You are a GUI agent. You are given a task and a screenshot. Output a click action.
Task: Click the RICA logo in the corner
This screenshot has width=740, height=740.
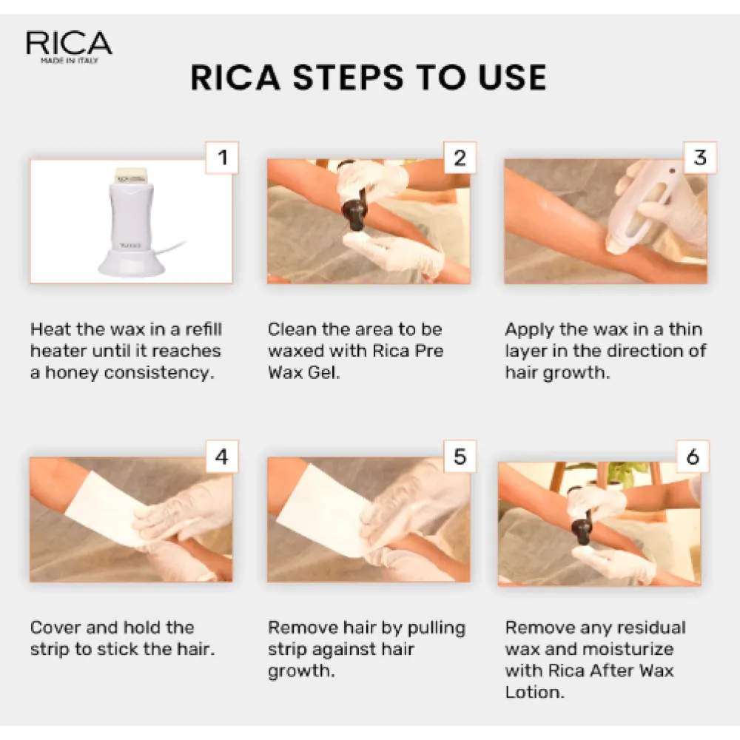point(69,46)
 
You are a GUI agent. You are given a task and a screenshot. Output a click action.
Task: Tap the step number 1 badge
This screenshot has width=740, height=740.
point(221,158)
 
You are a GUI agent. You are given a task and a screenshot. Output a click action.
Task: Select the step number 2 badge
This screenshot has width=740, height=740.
point(460,158)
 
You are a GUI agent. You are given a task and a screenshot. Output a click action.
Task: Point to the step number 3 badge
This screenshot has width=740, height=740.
point(699,158)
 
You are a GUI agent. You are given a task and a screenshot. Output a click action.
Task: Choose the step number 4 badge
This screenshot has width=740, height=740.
point(221,457)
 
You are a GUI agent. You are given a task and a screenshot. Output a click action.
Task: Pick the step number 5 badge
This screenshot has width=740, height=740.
point(460,457)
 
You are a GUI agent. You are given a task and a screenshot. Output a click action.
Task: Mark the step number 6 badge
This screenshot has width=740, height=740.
point(692,457)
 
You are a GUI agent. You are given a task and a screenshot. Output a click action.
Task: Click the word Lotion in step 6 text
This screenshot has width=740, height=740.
point(532,693)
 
